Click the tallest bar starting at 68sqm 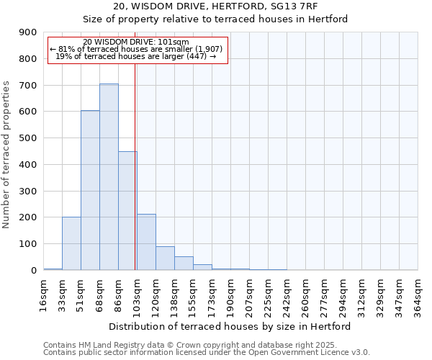[109, 177]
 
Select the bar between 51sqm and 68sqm [90, 190]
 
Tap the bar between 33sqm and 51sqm [71, 243]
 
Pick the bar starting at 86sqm [127, 211]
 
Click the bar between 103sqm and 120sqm [146, 242]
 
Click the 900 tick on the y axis [28, 32]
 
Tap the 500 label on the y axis [28, 138]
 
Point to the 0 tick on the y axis [33, 271]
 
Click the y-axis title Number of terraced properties [6, 154]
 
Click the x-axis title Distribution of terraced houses [230, 327]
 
